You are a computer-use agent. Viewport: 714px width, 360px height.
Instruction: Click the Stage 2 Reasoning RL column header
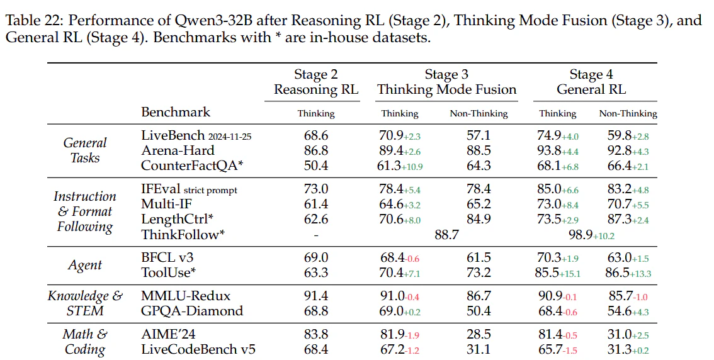coord(316,82)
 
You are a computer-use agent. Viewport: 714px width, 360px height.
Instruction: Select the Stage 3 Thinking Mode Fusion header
coord(446,82)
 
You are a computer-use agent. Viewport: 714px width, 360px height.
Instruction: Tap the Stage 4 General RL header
coord(591,82)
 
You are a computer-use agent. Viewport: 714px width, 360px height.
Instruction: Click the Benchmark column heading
coord(176,112)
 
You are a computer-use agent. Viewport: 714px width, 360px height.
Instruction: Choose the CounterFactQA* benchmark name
coord(192,166)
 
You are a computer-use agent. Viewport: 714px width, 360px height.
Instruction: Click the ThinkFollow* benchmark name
coord(183,234)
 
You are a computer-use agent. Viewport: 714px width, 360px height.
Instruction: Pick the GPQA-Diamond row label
coord(192,311)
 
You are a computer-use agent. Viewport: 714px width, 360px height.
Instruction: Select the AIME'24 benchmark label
coord(169,334)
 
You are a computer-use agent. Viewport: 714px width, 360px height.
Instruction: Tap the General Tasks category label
coord(85,150)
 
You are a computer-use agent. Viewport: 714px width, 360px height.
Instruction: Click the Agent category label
coord(85,265)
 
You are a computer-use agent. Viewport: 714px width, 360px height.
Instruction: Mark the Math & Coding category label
coord(85,342)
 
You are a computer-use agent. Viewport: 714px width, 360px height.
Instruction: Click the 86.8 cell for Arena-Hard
coord(316,150)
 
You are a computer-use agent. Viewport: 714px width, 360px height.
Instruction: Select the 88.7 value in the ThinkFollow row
coord(446,235)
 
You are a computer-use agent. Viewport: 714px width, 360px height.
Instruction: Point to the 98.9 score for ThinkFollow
coord(580,235)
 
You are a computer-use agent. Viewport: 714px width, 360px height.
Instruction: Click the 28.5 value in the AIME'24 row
coord(479,335)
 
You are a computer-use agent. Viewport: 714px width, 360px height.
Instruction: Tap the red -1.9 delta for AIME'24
coord(412,336)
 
